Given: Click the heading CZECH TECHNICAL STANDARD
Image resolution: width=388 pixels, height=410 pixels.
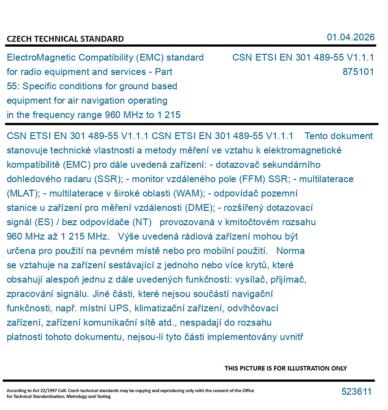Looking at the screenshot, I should (x=65, y=39).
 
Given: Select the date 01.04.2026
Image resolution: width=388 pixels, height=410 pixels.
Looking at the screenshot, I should (x=350, y=37).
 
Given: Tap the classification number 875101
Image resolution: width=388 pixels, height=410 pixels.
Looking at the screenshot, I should (x=358, y=72).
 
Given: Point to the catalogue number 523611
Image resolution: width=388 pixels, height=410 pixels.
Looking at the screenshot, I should (x=356, y=392).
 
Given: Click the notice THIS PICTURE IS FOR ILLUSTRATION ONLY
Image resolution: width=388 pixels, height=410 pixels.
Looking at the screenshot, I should (x=286, y=368).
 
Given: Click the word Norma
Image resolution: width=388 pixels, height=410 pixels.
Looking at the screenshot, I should (x=291, y=251).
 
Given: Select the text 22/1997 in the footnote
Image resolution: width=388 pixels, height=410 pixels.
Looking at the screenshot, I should (x=47, y=391).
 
